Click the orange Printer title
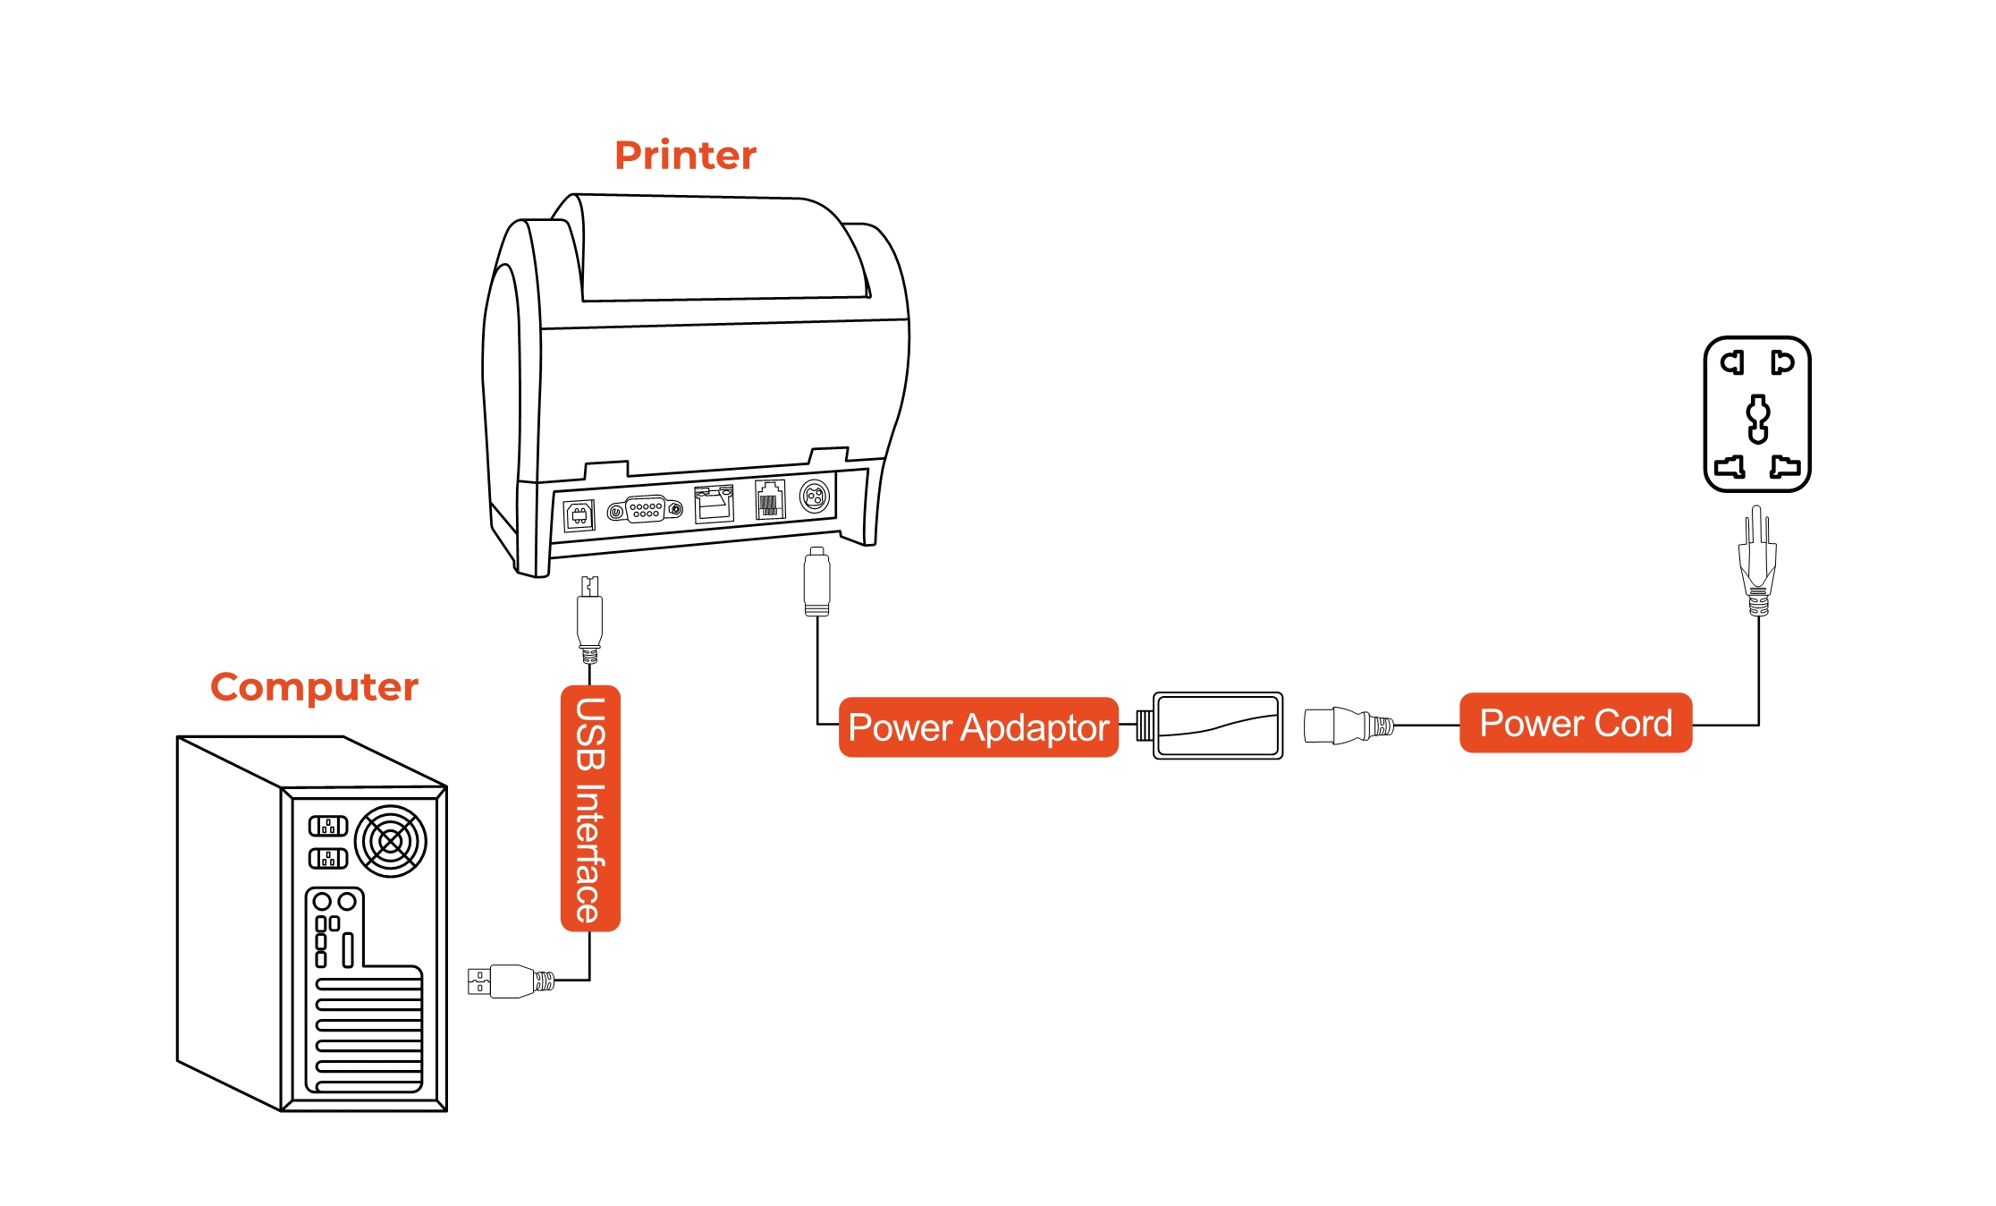tap(685, 156)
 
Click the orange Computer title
tap(314, 687)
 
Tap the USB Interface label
tap(590, 809)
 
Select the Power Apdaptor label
tap(978, 727)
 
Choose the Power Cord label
tap(1576, 723)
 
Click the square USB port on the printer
tap(579, 515)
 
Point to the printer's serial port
tap(645, 510)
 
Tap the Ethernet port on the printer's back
tap(714, 504)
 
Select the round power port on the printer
tap(815, 495)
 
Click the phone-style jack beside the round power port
tap(769, 499)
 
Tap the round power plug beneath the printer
tap(816, 582)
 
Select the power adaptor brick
tap(1218, 726)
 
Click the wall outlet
tap(1757, 414)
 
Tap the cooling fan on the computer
tap(391, 841)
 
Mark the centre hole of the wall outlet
tap(1758, 419)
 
